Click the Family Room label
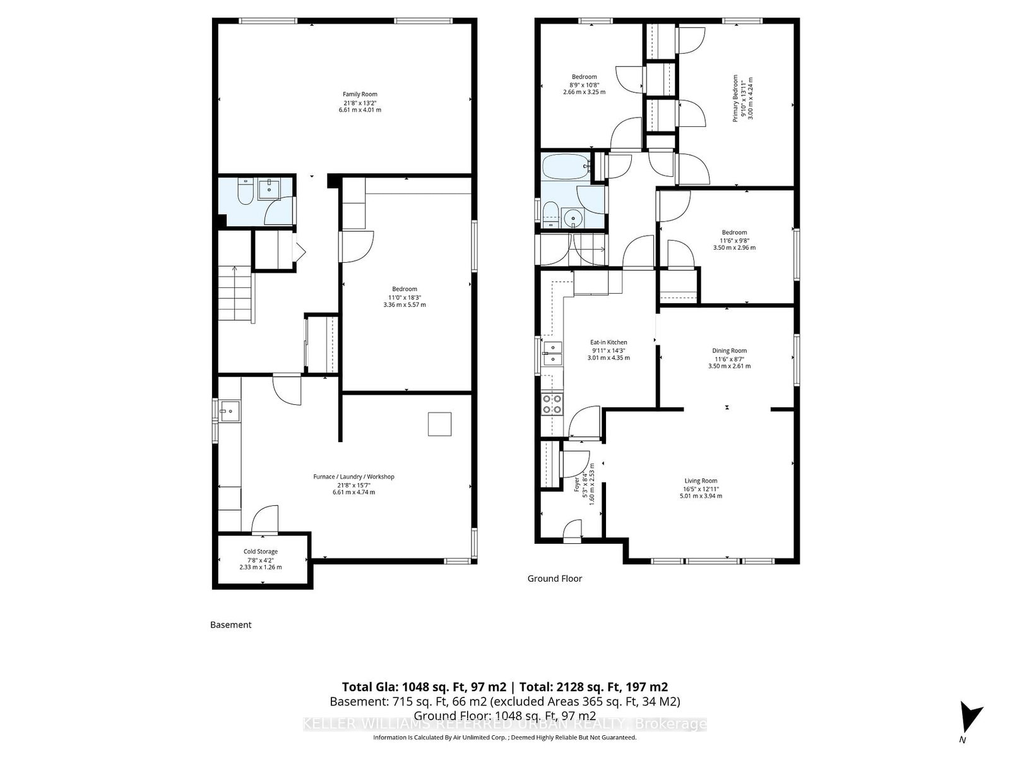coord(360,94)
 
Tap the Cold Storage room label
coord(261,551)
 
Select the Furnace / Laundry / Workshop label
coord(353,476)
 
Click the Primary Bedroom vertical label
coord(735,98)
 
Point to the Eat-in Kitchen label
coord(609,342)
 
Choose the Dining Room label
coord(729,351)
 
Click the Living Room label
coord(701,481)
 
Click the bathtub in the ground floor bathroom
coord(564,167)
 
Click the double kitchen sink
coord(553,353)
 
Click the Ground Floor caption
coord(554,579)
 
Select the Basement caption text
coord(230,625)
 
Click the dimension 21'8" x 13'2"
coord(360,102)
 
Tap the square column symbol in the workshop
coord(439,424)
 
